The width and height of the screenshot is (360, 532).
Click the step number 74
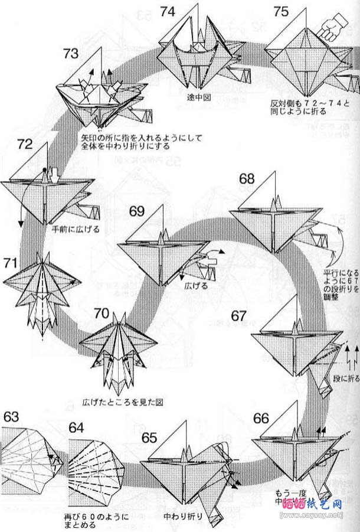click(168, 11)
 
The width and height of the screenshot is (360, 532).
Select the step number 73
click(71, 54)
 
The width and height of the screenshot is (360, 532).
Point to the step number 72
click(25, 144)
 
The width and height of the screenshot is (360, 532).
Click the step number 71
click(11, 262)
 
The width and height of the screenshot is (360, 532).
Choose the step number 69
click(137, 211)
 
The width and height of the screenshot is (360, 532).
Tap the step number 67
click(238, 315)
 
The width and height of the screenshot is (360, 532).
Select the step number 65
click(149, 438)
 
